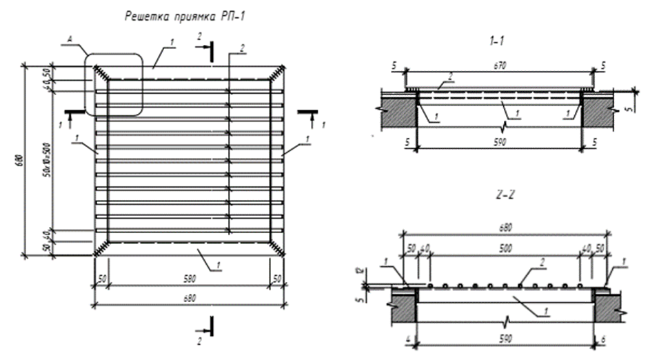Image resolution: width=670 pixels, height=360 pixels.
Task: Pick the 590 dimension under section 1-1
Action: [x=500, y=141]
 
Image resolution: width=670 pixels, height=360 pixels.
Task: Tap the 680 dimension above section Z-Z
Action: [x=505, y=224]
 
